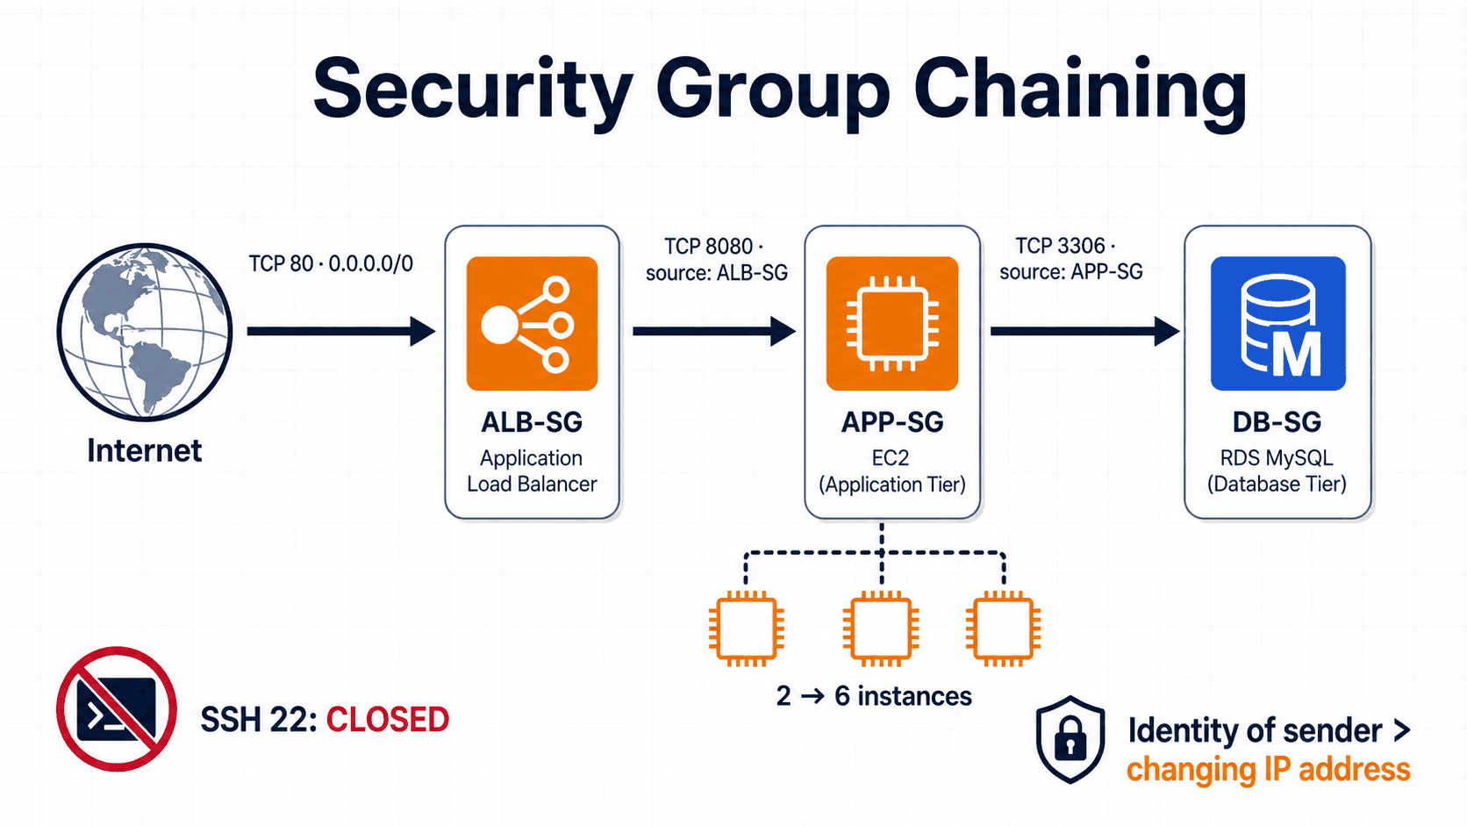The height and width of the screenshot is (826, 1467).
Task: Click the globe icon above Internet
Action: [145, 332]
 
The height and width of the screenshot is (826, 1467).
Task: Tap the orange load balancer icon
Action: [532, 324]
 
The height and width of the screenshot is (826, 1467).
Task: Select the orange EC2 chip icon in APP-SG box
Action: [892, 324]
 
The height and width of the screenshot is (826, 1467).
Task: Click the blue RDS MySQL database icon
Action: [1277, 324]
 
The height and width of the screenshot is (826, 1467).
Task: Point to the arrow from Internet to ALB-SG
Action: [341, 331]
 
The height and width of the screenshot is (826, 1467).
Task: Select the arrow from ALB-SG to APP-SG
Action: [714, 331]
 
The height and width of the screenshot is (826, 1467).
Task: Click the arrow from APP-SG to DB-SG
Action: [1085, 331]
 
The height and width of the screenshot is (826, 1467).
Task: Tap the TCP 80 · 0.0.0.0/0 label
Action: [331, 264]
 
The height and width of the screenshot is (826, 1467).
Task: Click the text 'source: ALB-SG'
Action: [717, 272]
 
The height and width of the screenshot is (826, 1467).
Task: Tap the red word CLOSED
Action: [388, 719]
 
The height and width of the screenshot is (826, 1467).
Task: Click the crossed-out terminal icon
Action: [117, 708]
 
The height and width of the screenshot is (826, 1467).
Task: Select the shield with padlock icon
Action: [1070, 739]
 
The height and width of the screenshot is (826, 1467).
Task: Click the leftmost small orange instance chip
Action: [747, 628]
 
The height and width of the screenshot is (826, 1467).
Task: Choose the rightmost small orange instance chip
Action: [1004, 628]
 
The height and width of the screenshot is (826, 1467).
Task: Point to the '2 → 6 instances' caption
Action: [874, 695]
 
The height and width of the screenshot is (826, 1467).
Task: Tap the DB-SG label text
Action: [1277, 422]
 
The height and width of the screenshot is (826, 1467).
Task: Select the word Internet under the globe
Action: [145, 450]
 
